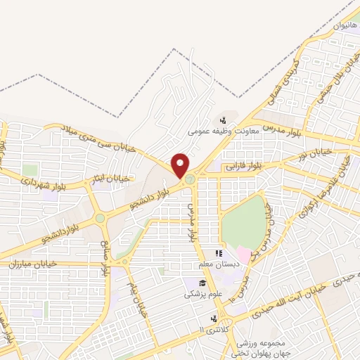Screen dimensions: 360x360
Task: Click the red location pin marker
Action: click(x=181, y=166)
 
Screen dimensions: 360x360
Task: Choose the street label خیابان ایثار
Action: click(x=112, y=179)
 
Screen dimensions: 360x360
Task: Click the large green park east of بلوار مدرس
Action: click(x=243, y=222)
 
